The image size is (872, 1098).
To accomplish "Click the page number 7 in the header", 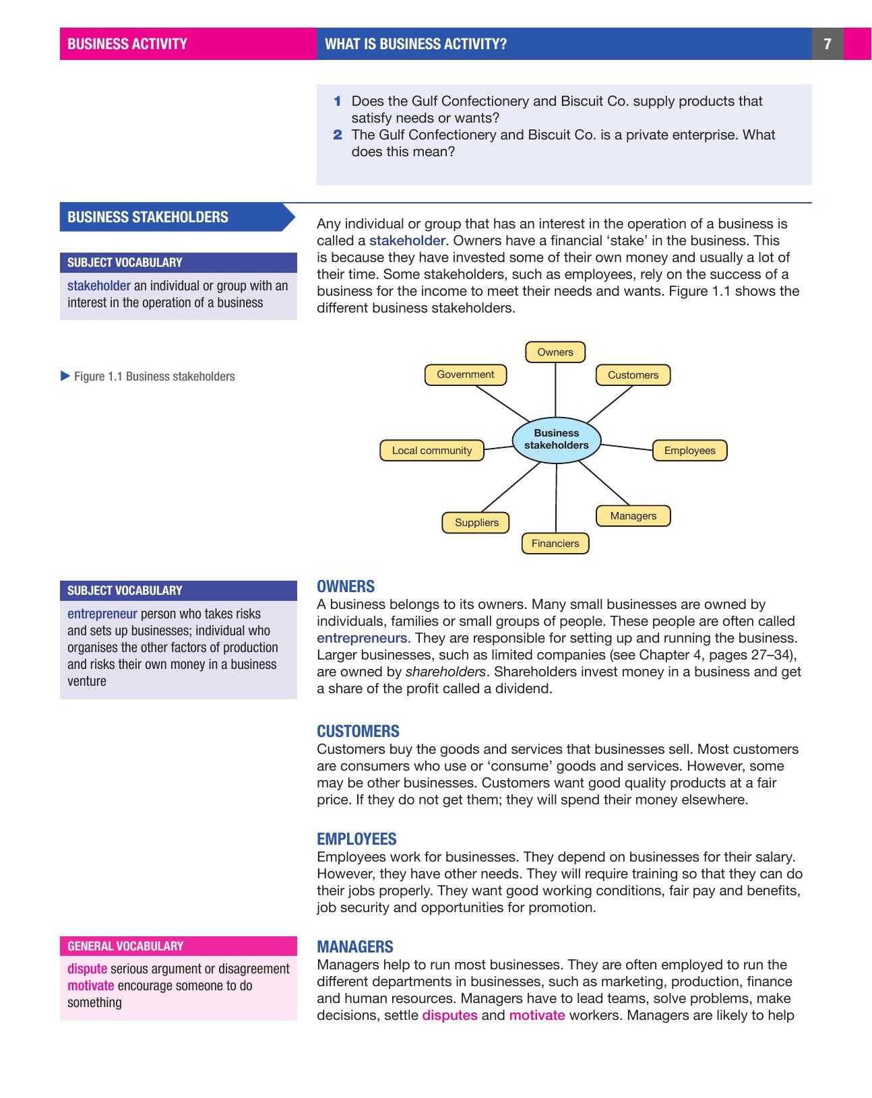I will click(x=828, y=44).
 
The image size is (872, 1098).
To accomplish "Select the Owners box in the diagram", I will click(x=555, y=352).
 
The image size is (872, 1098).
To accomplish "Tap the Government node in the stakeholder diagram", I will click(x=465, y=375).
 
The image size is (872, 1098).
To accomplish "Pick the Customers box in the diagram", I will click(x=633, y=375).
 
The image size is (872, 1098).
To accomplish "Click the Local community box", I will click(x=432, y=451).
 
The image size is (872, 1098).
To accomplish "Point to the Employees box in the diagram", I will click(x=689, y=451).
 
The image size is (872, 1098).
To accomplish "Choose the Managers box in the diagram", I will click(x=633, y=516).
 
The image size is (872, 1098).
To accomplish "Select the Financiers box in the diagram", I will click(x=555, y=544).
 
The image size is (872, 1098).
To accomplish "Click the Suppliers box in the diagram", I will click(x=476, y=523).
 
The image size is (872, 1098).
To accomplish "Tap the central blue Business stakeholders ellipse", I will click(x=556, y=439).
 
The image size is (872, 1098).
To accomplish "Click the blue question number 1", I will click(x=338, y=101).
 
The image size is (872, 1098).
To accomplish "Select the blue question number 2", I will click(x=338, y=135).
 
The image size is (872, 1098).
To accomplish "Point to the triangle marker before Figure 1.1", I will click(x=65, y=376).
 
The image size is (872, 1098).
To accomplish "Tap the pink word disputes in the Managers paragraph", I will click(x=449, y=1015).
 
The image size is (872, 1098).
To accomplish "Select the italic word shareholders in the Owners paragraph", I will click(x=445, y=672).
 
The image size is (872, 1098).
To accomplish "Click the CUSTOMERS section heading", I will click(x=358, y=732).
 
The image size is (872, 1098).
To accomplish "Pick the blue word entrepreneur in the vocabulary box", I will click(x=102, y=614).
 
